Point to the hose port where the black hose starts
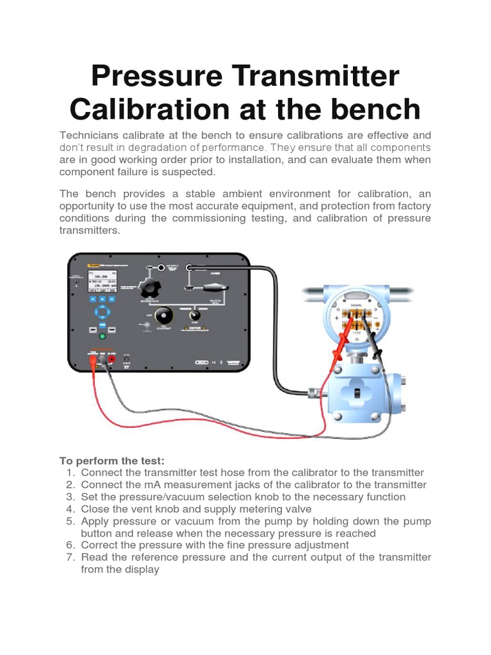[191, 267]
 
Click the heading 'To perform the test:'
[112, 461]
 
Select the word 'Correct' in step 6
[100, 546]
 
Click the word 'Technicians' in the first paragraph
[91, 135]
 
